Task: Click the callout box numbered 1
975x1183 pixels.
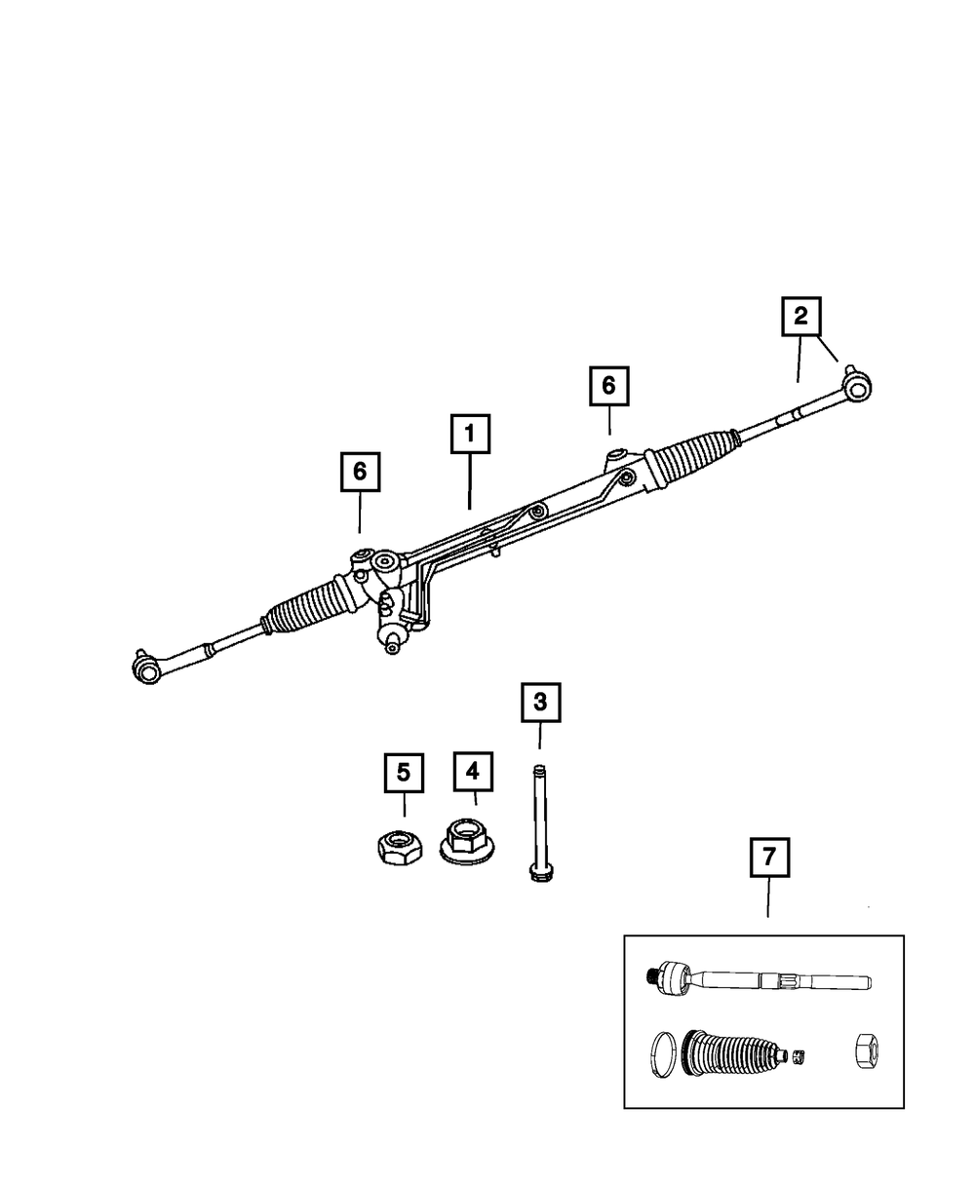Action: [469, 435]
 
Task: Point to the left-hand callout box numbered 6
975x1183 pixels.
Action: [360, 472]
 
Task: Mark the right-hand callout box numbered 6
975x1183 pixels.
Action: [608, 386]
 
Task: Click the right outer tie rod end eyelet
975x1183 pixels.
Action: [857, 388]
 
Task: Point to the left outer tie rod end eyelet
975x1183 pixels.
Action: [145, 668]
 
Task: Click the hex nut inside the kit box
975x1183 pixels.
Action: [867, 1049]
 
